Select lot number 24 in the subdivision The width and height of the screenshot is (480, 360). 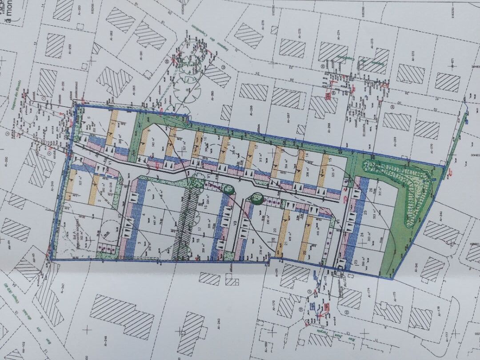pos(362,234)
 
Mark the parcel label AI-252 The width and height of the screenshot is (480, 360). pos(69,50)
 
